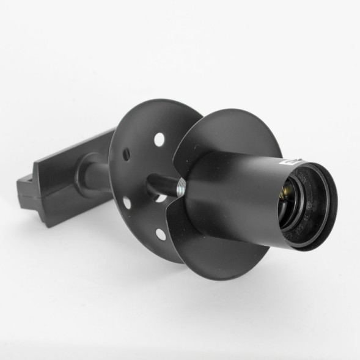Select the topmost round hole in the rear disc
(x=159, y=139)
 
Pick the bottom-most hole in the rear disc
(x=160, y=233)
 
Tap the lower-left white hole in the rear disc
(x=127, y=202)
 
